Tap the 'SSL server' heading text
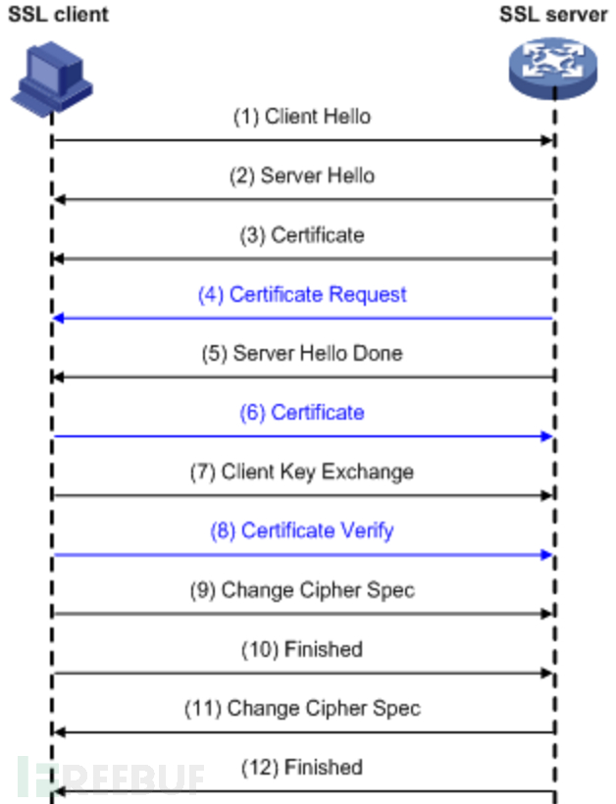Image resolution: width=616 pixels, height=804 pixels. (553, 14)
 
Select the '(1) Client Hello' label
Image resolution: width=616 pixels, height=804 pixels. (302, 117)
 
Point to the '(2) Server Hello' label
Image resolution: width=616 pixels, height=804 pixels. (302, 176)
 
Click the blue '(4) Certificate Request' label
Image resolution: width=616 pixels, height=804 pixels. (302, 294)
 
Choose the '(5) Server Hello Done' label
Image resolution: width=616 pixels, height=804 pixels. (302, 353)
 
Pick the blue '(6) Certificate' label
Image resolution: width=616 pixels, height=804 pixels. (302, 413)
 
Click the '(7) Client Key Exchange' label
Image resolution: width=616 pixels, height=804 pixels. (302, 472)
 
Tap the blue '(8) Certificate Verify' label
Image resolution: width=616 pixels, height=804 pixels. (302, 530)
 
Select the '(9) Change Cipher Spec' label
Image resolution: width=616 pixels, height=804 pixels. (302, 590)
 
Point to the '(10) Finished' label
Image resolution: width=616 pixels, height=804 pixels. (302, 649)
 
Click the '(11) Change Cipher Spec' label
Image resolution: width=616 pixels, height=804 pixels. (302, 708)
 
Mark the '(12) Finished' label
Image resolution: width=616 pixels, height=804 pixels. (302, 767)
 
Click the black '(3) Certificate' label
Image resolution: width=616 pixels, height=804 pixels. (302, 235)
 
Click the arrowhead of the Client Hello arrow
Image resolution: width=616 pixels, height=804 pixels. (549, 141)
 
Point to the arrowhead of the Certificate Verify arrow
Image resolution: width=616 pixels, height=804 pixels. (549, 554)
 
